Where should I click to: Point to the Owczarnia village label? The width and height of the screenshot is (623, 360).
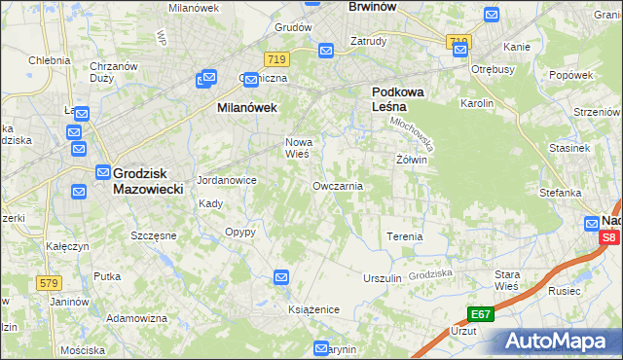(x=338, y=185)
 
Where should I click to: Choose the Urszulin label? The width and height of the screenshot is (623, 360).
(x=383, y=278)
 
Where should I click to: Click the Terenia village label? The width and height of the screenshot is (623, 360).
(x=404, y=236)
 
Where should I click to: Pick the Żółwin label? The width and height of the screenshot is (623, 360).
(x=412, y=159)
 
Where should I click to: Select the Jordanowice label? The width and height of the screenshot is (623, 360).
(x=226, y=180)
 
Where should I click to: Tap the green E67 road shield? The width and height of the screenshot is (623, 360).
(x=480, y=313)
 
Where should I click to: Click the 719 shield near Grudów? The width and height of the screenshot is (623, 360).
(x=276, y=59)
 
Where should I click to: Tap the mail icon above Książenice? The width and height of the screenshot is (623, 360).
(x=281, y=278)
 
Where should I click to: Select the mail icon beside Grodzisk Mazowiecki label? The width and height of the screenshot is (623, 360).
(x=102, y=172)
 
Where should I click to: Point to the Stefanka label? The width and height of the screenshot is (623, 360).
(x=560, y=193)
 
